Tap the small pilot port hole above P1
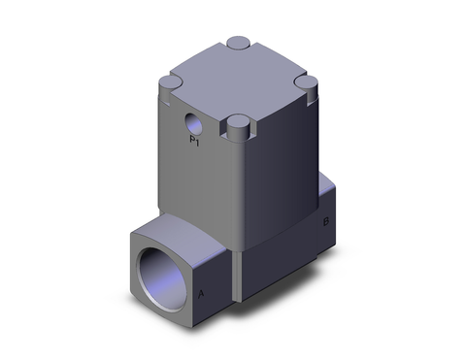pyautogui.click(x=193, y=125)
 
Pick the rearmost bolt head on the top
pyautogui.click(x=238, y=44)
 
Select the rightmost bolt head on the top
pyautogui.click(x=307, y=83)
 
